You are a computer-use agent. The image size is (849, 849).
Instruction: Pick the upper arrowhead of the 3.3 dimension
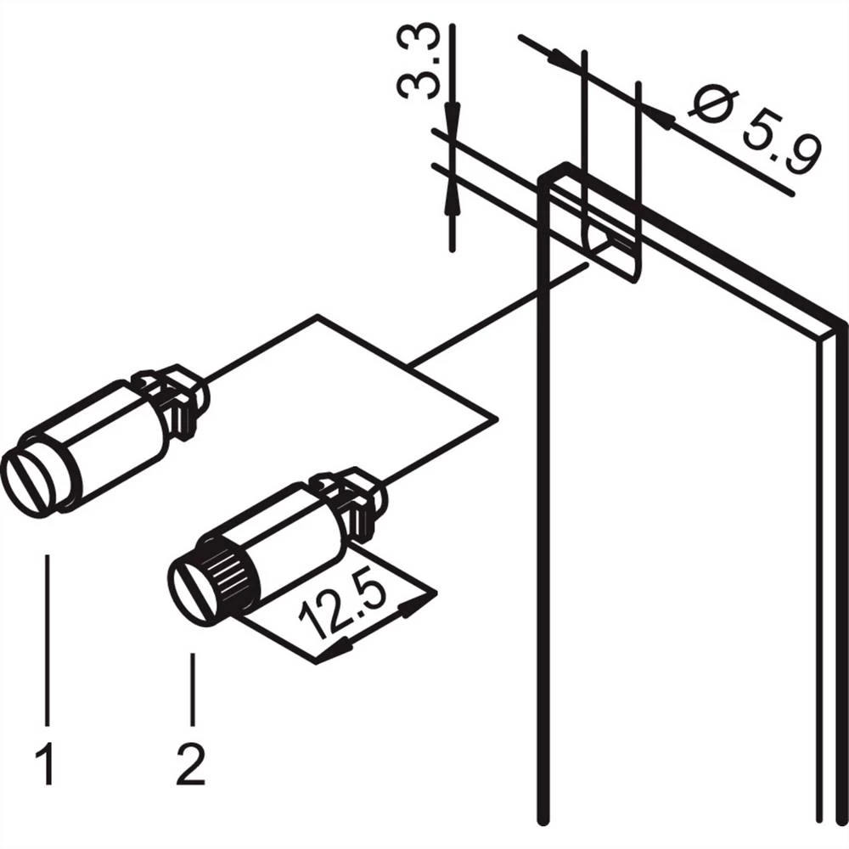pyautogui.click(x=452, y=119)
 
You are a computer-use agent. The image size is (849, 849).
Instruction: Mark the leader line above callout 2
pyautogui.click(x=194, y=688)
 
